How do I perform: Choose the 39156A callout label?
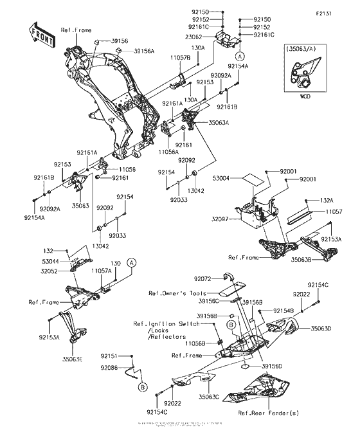click(x=144, y=51)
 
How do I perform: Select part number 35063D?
click(x=321, y=329)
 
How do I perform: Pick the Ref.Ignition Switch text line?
click(x=163, y=324)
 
